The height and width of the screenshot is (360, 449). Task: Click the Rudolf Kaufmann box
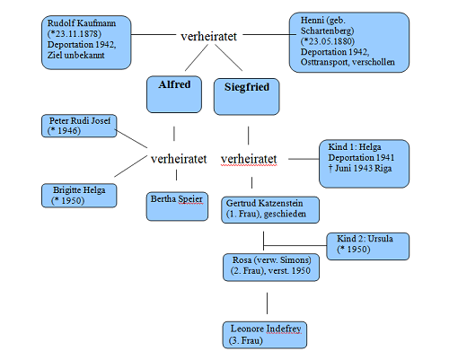(x=86, y=42)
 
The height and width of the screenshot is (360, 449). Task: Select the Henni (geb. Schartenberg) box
(x=349, y=42)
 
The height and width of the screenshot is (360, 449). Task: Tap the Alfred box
(x=174, y=94)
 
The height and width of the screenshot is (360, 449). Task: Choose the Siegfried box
(x=247, y=97)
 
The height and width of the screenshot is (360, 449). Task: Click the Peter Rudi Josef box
(x=79, y=126)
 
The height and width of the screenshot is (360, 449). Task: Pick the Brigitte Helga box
(x=79, y=196)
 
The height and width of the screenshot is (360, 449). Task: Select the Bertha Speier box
(x=177, y=206)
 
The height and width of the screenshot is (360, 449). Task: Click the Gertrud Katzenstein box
(x=270, y=210)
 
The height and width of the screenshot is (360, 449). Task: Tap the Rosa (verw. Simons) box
(x=271, y=268)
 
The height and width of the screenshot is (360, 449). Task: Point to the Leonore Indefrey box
(x=265, y=335)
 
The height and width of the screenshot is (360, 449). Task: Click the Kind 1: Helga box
(x=364, y=163)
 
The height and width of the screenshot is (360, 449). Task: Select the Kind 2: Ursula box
(x=368, y=246)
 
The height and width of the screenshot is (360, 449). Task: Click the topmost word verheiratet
(x=209, y=37)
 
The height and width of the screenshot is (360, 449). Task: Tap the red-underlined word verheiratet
(x=249, y=159)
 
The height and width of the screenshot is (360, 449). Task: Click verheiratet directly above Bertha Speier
(x=179, y=159)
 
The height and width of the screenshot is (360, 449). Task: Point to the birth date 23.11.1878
(x=77, y=34)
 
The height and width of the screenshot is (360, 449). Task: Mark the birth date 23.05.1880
(x=330, y=41)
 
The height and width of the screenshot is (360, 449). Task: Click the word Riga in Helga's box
(x=383, y=168)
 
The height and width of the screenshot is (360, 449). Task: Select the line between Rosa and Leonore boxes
(x=268, y=303)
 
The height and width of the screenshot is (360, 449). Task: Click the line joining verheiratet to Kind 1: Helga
(x=304, y=159)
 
